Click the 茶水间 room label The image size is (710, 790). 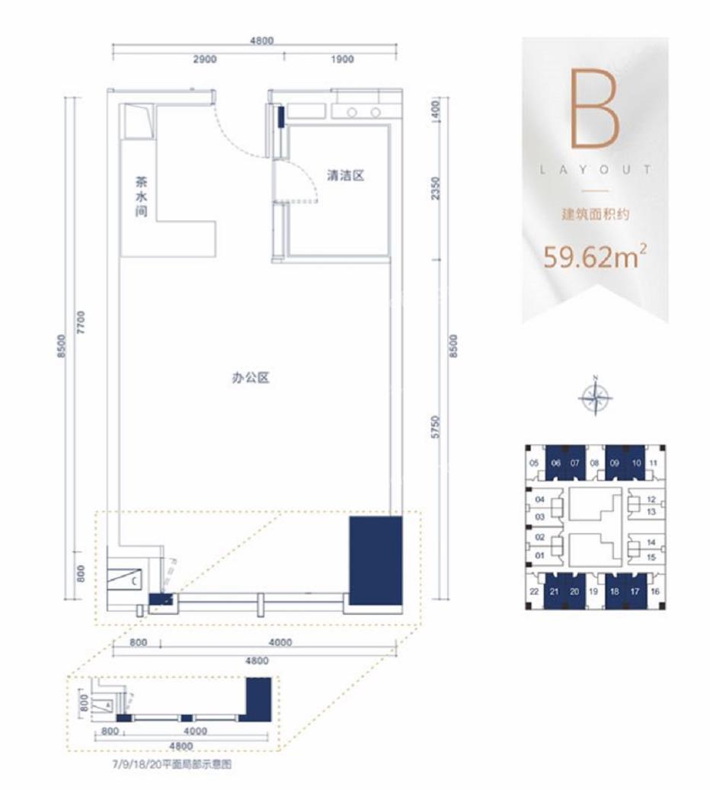point(140,198)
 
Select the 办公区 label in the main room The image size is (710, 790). point(251,377)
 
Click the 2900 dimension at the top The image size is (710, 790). point(206,59)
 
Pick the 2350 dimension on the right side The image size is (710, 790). point(436,187)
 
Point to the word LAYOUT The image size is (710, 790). point(595,170)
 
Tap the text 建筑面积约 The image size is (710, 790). point(595,215)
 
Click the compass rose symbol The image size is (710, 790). point(595,394)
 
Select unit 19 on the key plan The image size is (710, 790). point(593,590)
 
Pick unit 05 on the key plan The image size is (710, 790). point(534,463)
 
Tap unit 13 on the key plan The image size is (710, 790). point(651,512)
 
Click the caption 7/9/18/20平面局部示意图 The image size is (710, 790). point(170,765)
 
